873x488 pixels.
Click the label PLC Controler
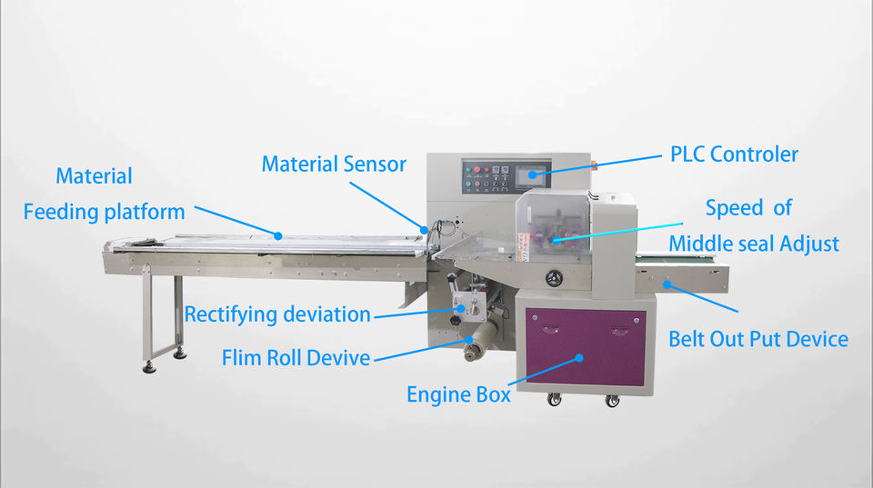(x=734, y=154)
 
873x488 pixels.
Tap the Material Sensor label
(x=334, y=164)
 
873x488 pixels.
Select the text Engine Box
(x=457, y=395)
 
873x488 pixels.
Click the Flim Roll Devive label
(x=296, y=358)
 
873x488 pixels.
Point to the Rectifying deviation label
(x=277, y=315)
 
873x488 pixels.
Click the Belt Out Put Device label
(x=758, y=340)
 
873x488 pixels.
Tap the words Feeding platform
(x=104, y=212)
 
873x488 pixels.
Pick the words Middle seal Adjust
(x=754, y=244)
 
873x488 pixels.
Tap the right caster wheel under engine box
(x=612, y=400)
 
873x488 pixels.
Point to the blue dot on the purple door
(x=578, y=358)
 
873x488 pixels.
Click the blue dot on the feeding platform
(x=278, y=235)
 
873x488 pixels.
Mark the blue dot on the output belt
(x=667, y=284)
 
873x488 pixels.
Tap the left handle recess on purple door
(x=545, y=324)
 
